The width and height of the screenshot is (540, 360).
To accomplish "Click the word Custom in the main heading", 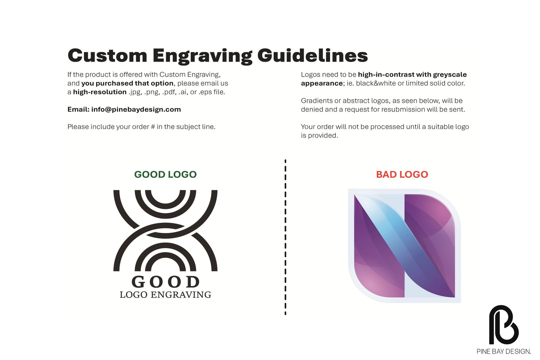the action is point(108,56).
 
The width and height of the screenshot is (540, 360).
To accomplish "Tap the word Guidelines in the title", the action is point(312,55).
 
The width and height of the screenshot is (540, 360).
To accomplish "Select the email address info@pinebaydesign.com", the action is point(136,110).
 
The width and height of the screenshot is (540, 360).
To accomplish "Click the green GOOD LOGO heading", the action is point(166,174).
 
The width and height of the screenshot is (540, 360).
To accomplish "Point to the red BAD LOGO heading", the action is point(402,174).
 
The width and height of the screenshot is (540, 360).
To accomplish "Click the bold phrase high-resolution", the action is point(100,92).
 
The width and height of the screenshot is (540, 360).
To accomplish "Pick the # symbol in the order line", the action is point(152,127).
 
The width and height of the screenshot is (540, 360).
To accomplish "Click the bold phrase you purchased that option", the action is point(127,83).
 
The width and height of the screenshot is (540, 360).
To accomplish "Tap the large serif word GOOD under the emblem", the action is point(166,281).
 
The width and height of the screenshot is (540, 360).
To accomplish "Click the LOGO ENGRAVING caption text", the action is point(166,295).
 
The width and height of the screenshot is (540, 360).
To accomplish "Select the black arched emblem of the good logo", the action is point(166,231).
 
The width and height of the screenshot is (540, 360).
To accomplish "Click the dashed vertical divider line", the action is point(286,237).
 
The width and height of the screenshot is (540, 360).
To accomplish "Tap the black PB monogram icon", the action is point(503,324).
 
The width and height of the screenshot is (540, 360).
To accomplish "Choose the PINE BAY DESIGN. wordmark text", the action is point(504,351).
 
